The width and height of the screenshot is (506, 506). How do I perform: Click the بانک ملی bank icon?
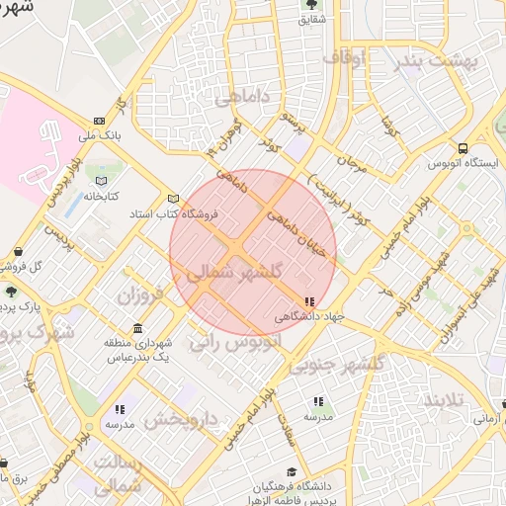click(99, 121)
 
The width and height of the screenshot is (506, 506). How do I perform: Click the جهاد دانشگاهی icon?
click(310, 301)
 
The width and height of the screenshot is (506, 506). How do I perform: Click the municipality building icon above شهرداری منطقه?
click(137, 328)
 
